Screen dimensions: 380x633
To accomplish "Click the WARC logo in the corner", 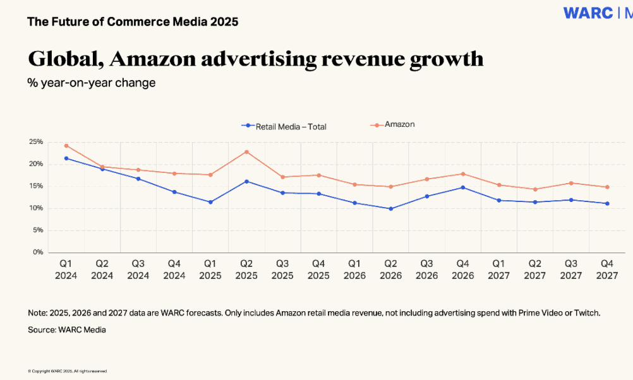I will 589,13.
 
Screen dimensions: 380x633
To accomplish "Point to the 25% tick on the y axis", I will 35,142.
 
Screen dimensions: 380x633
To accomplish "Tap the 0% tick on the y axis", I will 38,252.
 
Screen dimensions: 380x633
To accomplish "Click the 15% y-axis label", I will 35,186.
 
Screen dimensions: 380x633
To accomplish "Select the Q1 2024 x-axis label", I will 66,270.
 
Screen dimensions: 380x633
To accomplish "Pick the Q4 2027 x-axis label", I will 607,270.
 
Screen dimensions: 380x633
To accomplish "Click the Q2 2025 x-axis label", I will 246,270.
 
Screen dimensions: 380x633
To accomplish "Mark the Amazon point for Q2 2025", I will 246,151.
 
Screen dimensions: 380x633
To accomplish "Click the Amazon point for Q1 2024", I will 66,145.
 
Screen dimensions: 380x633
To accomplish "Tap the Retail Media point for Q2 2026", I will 390,208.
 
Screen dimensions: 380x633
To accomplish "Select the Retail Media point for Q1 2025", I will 210,202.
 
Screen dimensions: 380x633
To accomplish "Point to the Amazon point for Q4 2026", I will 463,174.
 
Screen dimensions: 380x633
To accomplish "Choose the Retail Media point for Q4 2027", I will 607,203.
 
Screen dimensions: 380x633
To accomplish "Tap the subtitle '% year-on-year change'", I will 91,83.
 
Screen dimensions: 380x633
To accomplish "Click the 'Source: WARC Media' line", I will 66,330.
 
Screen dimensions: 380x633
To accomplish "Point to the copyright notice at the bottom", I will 67,371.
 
